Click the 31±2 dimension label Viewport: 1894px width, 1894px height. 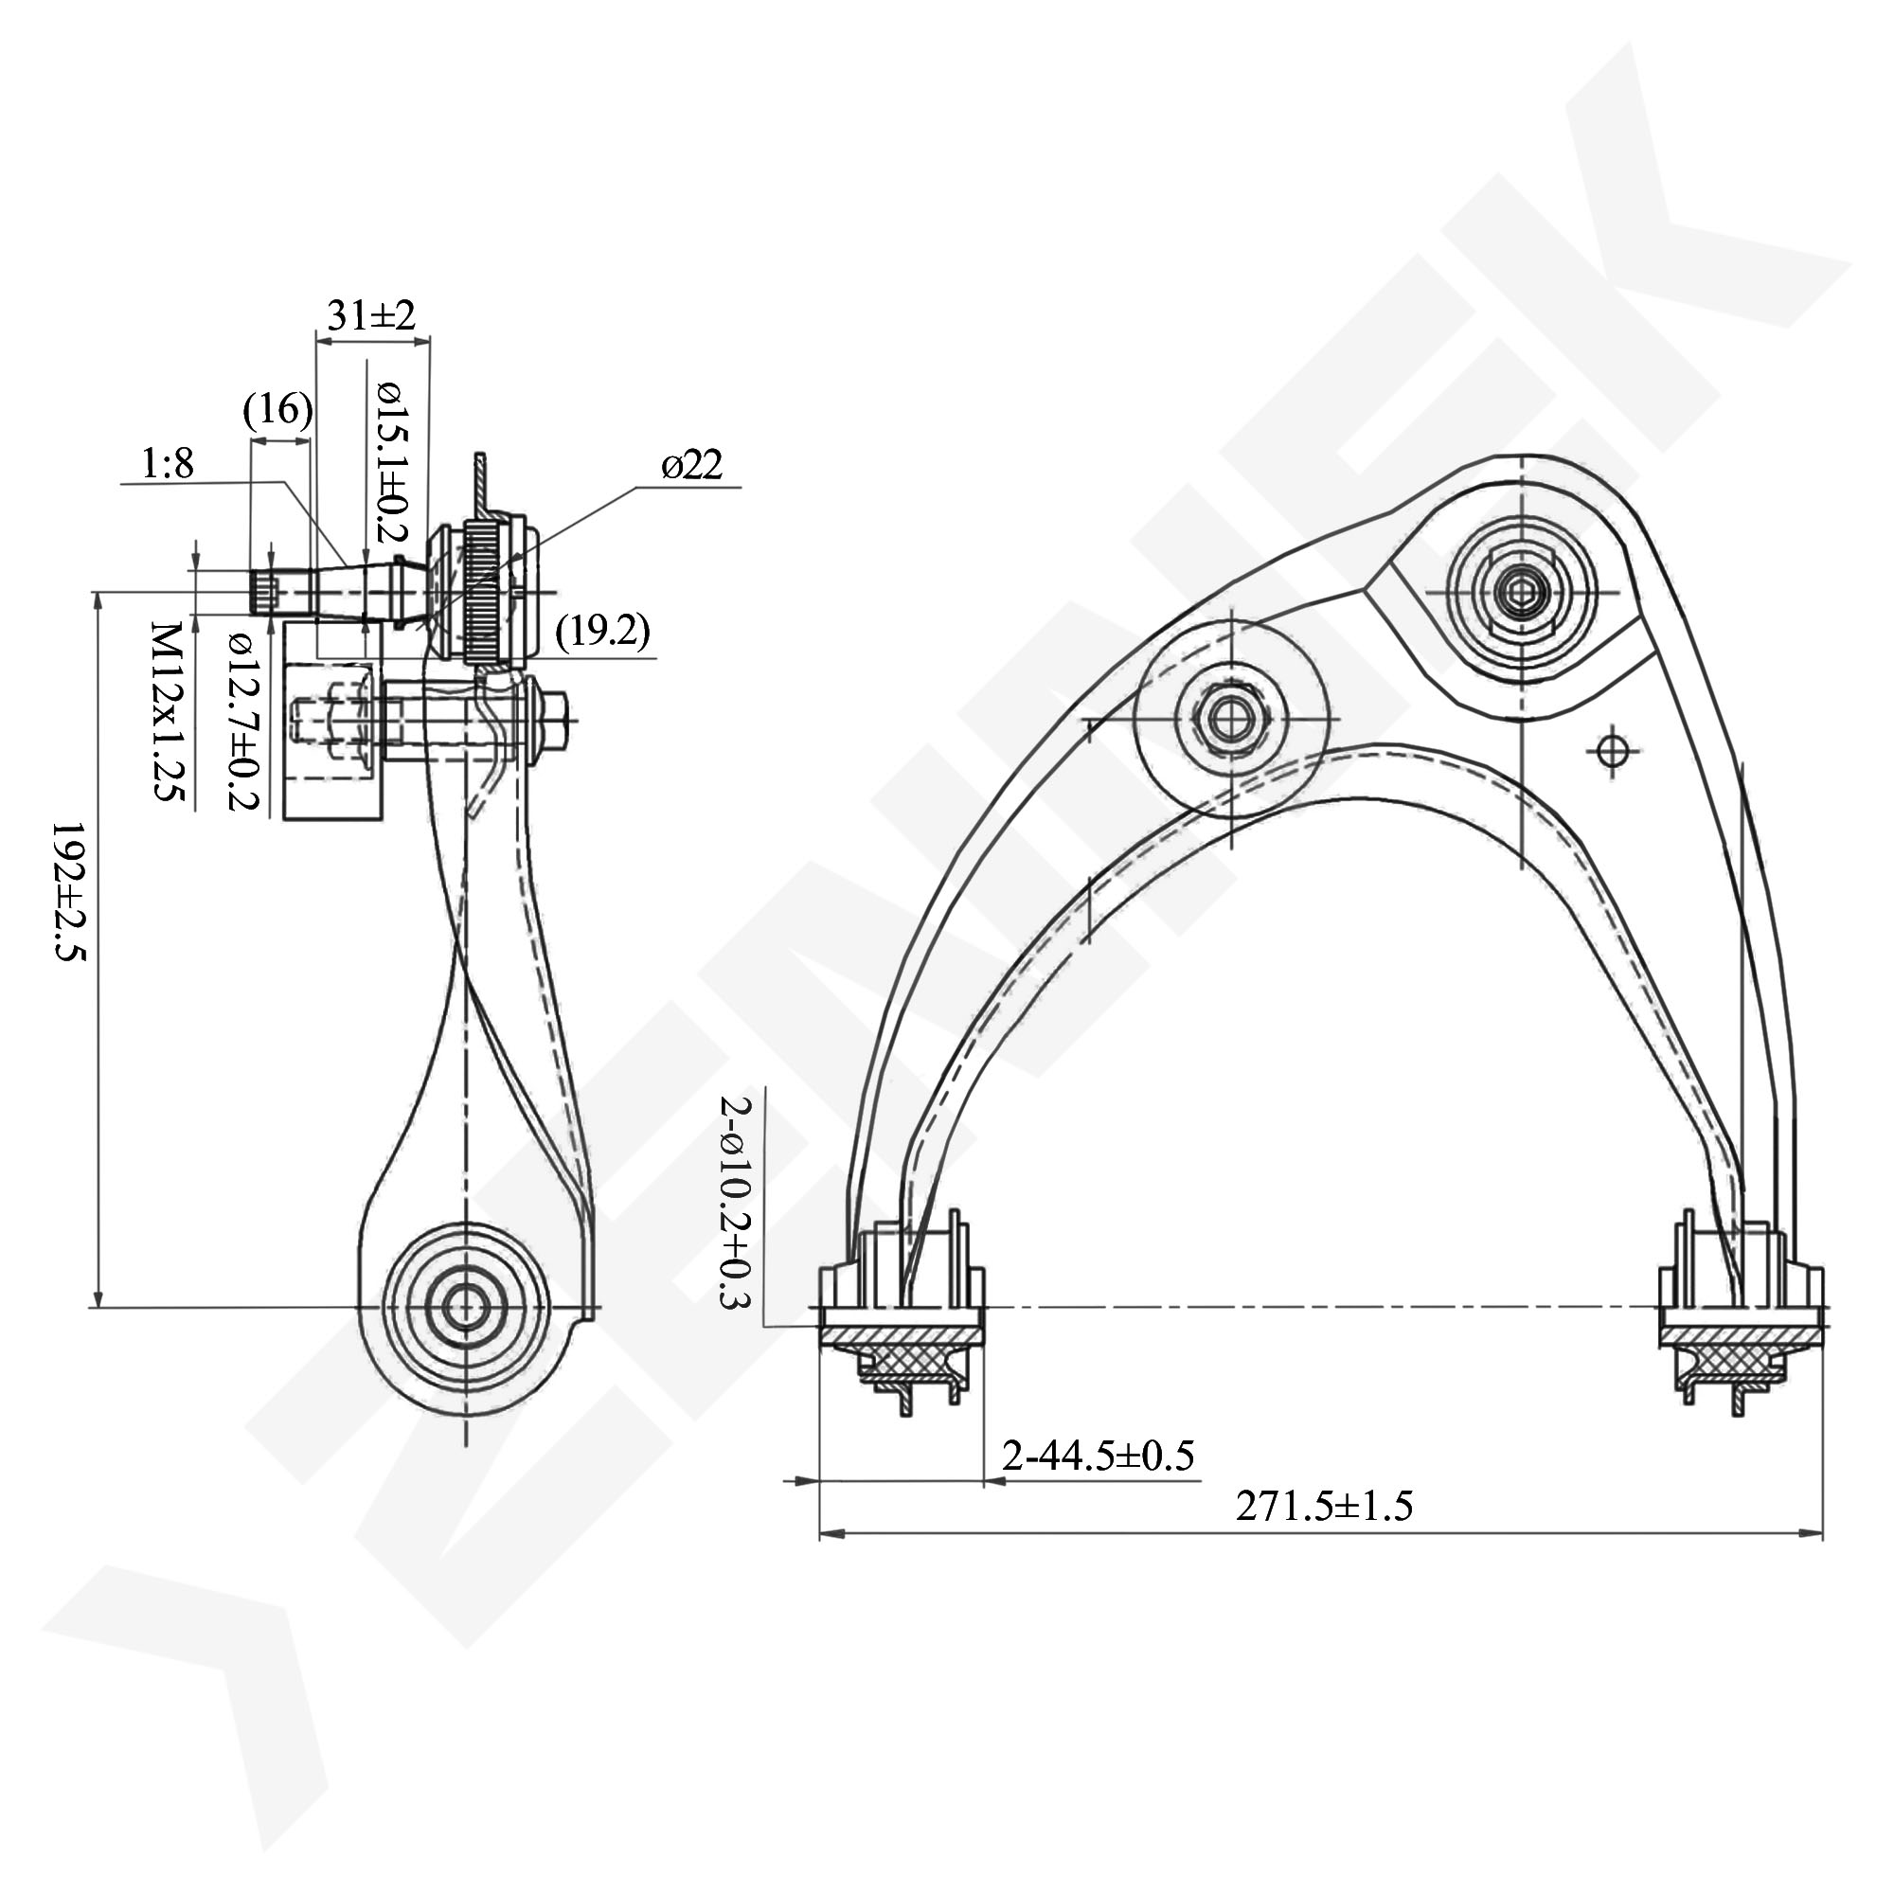370,315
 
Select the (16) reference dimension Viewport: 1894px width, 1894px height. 278,410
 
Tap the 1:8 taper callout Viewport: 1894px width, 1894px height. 168,463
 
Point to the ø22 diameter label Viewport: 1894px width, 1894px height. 692,465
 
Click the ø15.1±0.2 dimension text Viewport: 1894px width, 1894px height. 390,461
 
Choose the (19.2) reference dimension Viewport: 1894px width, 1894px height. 603,633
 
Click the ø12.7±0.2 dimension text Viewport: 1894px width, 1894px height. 241,721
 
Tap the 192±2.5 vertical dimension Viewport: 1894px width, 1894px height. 68,892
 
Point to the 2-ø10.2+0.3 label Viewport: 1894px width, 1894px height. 735,1203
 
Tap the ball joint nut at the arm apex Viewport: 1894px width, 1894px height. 1520,592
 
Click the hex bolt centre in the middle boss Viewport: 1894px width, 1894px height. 1228,719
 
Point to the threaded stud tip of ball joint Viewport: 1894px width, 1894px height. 265,593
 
